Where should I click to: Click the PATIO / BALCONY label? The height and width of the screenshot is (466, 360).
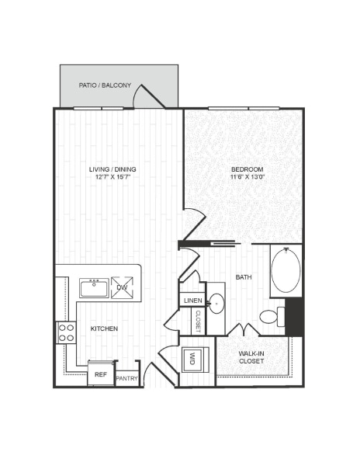105,85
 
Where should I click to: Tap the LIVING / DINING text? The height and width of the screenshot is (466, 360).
109,169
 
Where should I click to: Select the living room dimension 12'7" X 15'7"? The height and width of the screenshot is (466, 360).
109,177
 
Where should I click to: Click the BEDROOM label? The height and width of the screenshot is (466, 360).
247,169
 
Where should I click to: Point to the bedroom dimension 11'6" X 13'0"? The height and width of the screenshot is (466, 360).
247,177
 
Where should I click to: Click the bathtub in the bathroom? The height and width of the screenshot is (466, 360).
286,270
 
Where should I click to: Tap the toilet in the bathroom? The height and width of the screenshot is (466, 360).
270,316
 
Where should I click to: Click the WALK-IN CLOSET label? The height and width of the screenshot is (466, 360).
253,358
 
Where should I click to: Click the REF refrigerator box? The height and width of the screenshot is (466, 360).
100,374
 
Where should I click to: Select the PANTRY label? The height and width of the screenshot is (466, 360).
126,379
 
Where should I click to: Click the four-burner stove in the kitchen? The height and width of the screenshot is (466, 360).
67,332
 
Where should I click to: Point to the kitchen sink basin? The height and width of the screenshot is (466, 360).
94,288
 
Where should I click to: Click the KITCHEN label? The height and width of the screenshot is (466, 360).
104,329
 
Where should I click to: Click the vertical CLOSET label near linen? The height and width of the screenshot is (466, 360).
198,321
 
